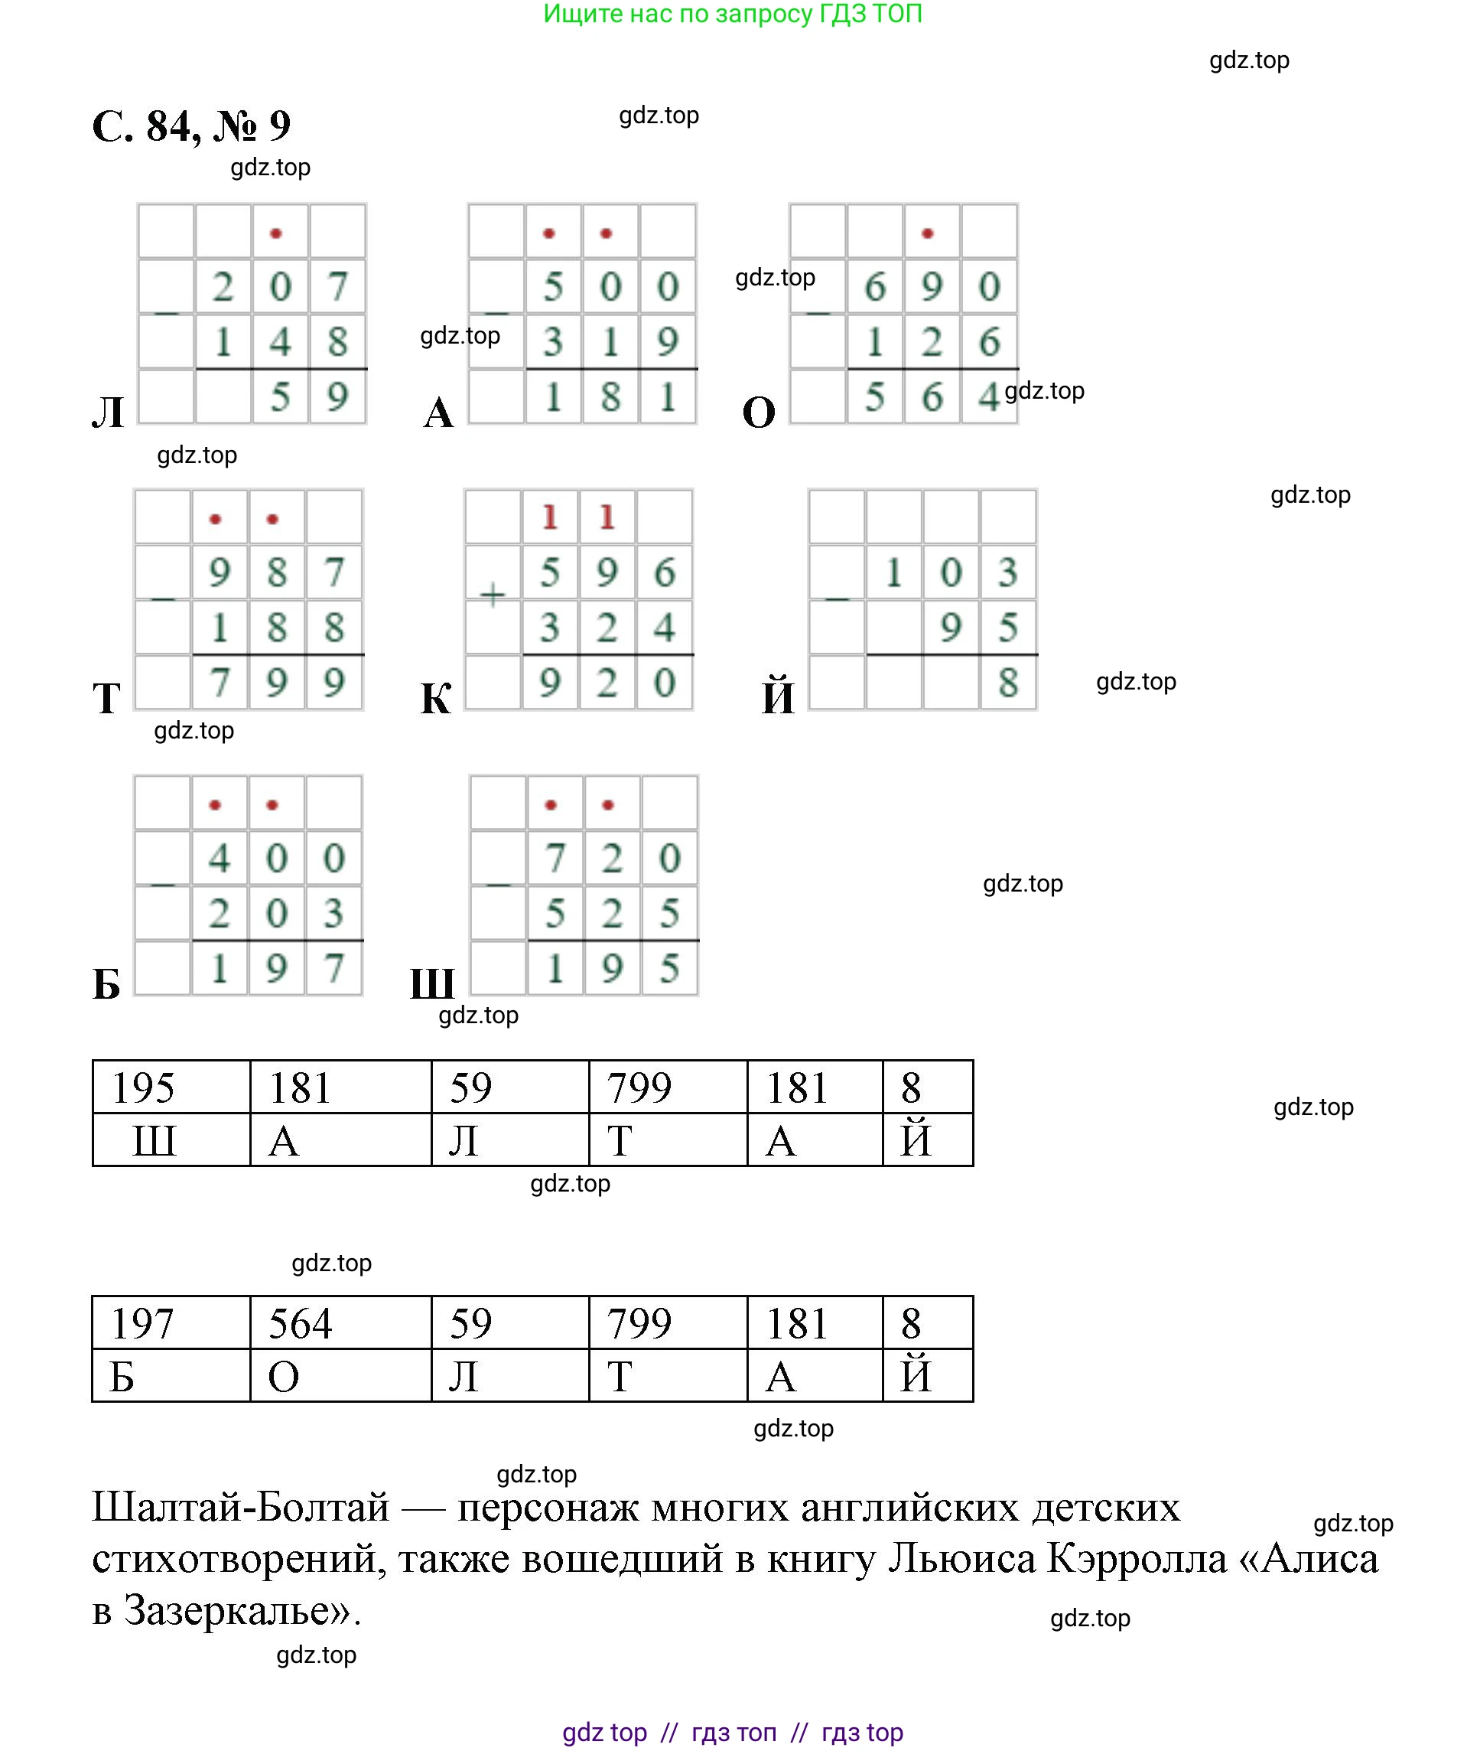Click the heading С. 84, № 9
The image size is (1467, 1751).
tap(191, 127)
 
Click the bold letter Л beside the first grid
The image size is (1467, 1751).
tap(109, 412)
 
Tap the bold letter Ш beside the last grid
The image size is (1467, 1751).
tap(432, 984)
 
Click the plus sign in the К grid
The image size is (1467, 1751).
tap(493, 595)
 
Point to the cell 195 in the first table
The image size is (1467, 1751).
tap(143, 1088)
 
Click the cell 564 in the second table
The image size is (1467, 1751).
tap(300, 1324)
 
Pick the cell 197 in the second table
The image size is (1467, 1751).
tap(142, 1324)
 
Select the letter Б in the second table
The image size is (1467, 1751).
tap(122, 1377)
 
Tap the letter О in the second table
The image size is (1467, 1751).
tap(284, 1377)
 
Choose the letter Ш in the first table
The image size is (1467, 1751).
tap(155, 1140)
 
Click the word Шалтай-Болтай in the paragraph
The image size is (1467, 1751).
tap(240, 1507)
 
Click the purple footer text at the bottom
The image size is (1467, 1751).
tap(733, 1732)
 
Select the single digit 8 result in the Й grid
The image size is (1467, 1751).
tap(1008, 683)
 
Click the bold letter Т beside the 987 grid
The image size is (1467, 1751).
tap(106, 698)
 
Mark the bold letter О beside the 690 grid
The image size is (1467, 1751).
tap(759, 412)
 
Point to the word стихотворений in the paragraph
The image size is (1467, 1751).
tap(239, 1558)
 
